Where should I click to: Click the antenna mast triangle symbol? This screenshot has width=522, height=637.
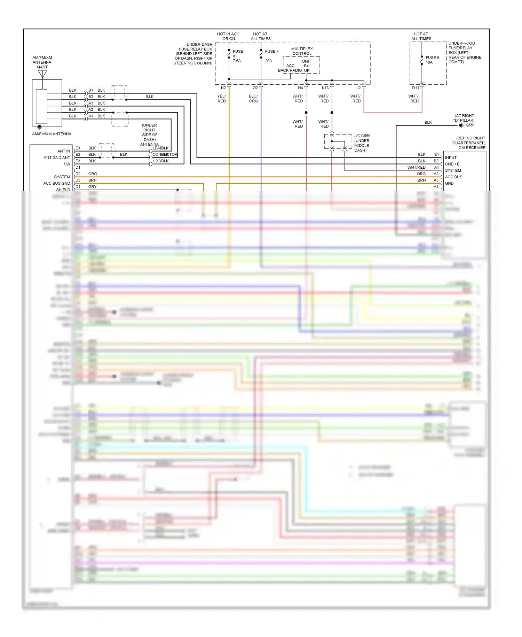[x=42, y=74]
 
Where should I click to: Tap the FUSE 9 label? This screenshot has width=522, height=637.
[x=432, y=58]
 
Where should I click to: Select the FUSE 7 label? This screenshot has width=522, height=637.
[x=271, y=52]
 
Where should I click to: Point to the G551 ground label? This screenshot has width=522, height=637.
[x=470, y=125]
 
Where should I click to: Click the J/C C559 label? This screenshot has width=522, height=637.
[x=362, y=136]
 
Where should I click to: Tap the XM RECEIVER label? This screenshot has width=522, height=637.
[x=472, y=148]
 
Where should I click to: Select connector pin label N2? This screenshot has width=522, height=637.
[x=223, y=88]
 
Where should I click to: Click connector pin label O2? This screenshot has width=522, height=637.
[x=255, y=88]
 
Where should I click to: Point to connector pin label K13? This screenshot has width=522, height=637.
[x=325, y=88]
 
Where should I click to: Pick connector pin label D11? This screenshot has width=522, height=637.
[x=416, y=88]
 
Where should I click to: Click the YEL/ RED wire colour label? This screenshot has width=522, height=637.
[x=222, y=99]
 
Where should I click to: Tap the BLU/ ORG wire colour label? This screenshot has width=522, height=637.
[x=253, y=99]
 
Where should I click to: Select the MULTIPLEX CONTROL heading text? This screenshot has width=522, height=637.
[x=302, y=51]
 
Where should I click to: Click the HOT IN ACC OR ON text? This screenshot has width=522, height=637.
[x=228, y=36]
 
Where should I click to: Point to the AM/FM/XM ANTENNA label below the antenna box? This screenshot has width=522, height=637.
[x=52, y=134]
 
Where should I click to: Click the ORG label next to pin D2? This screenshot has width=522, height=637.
[x=93, y=174]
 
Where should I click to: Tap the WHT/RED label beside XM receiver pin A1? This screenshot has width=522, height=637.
[x=416, y=167]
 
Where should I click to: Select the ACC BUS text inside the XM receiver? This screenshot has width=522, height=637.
[x=453, y=177]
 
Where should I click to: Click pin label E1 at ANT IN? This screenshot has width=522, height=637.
[x=78, y=148]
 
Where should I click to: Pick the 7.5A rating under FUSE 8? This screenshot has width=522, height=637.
[x=237, y=61]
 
